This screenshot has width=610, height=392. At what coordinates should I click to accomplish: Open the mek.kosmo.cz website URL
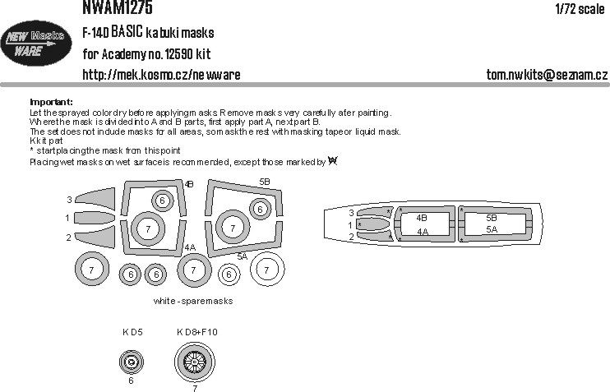coord(162,75)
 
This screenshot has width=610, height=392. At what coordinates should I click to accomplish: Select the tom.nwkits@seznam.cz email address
coord(547,75)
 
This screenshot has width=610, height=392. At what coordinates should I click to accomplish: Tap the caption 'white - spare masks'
coord(193,302)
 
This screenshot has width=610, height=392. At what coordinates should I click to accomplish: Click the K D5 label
coord(132,332)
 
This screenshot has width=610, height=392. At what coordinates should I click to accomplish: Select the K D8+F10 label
coord(196,332)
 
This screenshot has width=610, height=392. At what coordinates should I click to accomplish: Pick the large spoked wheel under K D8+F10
coord(194,359)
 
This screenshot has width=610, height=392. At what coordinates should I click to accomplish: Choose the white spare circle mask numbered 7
coord(266,269)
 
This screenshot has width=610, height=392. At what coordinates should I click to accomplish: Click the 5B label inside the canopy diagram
coord(492,218)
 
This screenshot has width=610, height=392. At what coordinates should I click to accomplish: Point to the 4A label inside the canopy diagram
coord(422,232)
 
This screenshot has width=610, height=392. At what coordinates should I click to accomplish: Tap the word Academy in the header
coord(141,55)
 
